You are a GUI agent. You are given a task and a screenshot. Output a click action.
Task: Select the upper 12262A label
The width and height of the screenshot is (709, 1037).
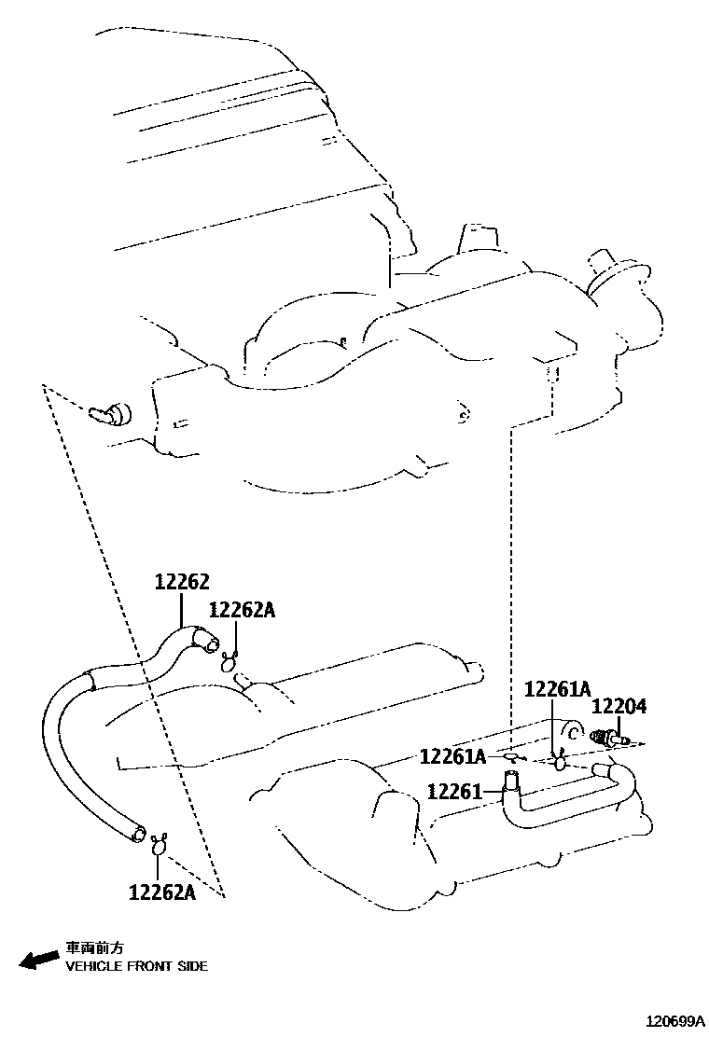pos(242,610)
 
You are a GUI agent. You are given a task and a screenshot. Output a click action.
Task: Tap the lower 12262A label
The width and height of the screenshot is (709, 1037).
pos(161,892)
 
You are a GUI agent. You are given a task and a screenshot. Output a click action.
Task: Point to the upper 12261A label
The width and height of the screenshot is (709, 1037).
pos(558,689)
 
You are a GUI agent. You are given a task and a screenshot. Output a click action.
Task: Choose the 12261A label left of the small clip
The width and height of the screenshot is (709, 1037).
pos(452,755)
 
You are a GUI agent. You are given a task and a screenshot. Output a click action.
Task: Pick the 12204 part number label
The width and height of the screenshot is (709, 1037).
pos(619,708)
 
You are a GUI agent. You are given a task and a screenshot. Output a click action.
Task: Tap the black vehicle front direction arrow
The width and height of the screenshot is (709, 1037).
pos(38,960)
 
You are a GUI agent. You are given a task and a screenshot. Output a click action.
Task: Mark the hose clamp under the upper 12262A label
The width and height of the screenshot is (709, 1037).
pos(229,663)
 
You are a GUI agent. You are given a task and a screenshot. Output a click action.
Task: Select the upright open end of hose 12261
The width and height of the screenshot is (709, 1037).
pos(511,776)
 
